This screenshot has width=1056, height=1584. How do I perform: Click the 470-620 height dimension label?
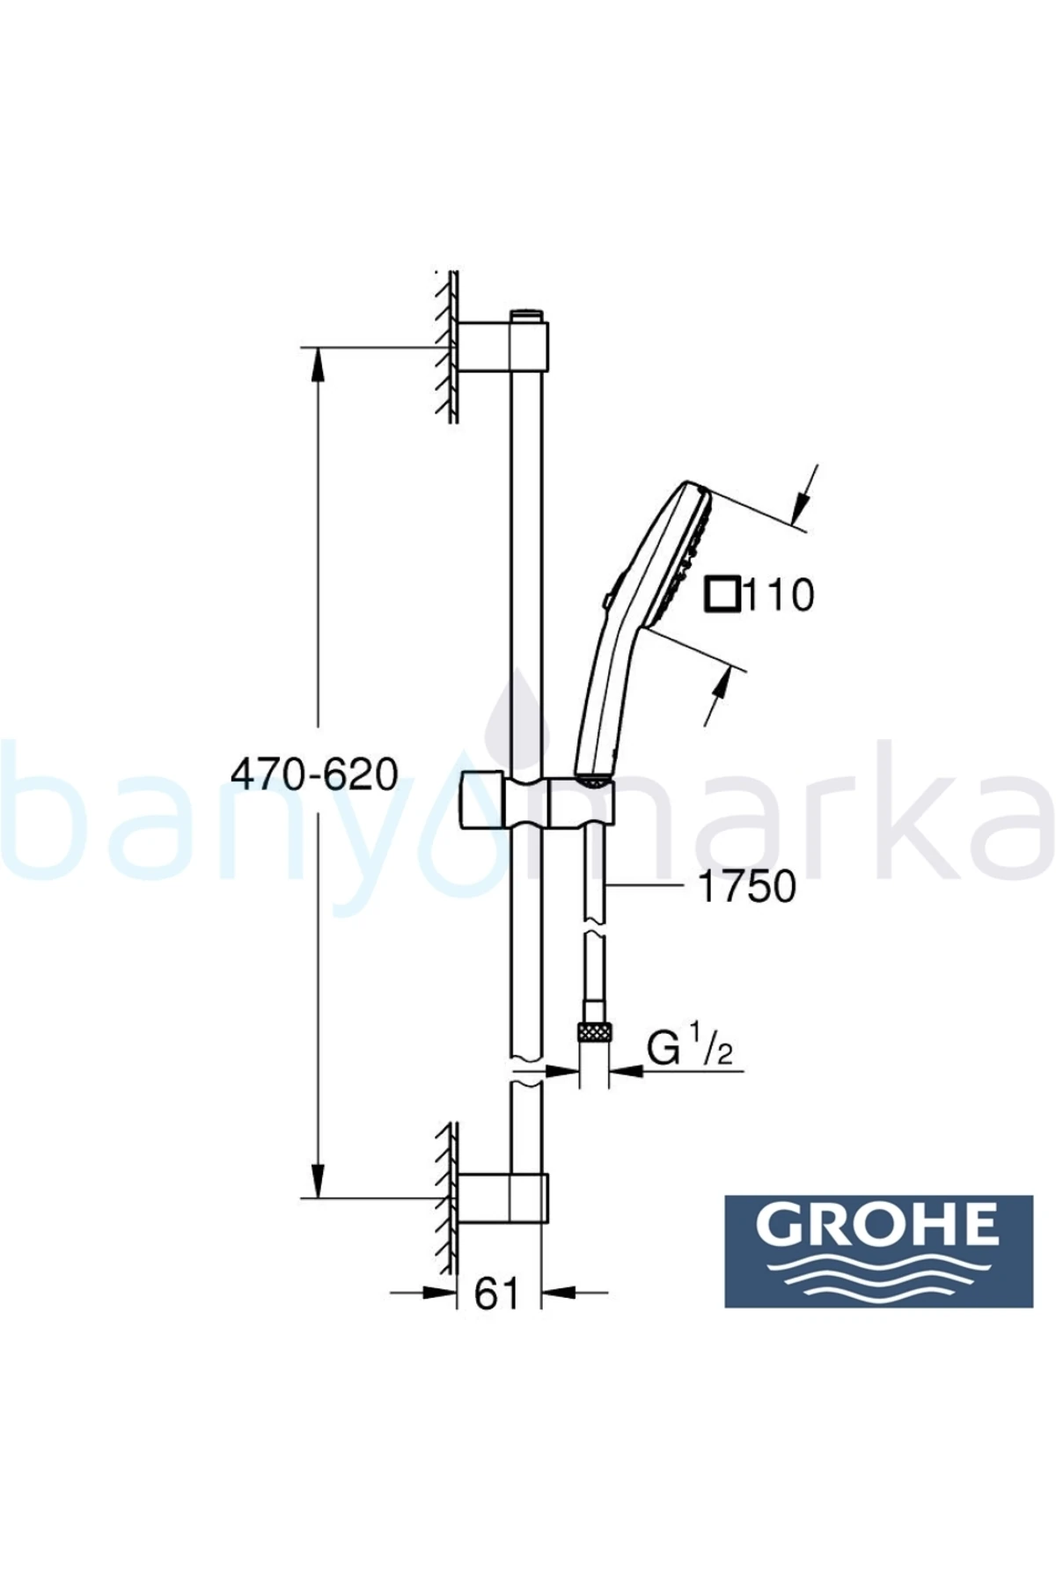point(314,775)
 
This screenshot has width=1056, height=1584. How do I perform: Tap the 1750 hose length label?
point(746,886)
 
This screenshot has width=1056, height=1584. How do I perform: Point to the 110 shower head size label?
point(780,596)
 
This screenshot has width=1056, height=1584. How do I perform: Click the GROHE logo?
point(878,1250)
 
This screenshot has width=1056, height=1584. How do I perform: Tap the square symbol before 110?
point(723,595)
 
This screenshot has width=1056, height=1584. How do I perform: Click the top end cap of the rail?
point(527,315)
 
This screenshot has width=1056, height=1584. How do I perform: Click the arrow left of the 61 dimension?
point(431,1293)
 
